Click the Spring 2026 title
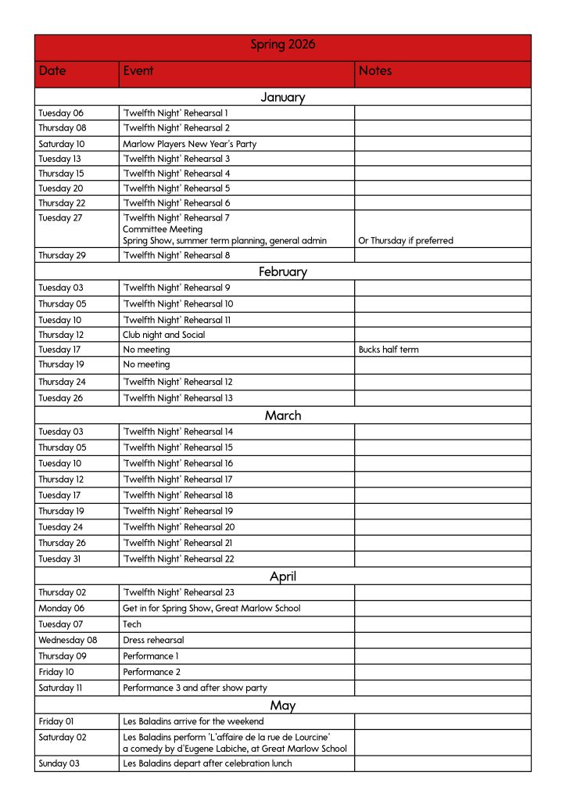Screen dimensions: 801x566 (x=282, y=45)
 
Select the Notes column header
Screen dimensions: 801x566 (x=375, y=71)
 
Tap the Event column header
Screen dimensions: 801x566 (x=138, y=71)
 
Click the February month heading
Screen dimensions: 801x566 (x=282, y=272)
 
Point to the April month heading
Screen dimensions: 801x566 (x=282, y=577)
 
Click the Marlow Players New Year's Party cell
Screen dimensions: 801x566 (x=189, y=144)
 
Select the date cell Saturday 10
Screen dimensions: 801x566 (x=62, y=144)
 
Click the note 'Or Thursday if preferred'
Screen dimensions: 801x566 (x=405, y=241)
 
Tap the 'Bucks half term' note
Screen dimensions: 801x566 (x=388, y=350)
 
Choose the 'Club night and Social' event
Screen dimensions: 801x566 (x=163, y=335)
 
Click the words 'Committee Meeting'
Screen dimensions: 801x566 (x=162, y=229)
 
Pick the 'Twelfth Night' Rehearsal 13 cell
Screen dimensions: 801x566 (x=177, y=398)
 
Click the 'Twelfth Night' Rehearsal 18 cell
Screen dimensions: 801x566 (x=177, y=495)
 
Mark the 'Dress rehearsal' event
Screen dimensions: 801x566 (x=153, y=640)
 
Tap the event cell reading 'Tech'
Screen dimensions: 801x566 (x=132, y=624)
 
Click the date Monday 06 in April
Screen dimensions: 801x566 (x=61, y=608)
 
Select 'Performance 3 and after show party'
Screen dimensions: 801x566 (x=195, y=688)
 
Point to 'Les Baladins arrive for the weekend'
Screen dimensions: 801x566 (x=193, y=721)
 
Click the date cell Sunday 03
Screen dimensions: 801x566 (x=59, y=763)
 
